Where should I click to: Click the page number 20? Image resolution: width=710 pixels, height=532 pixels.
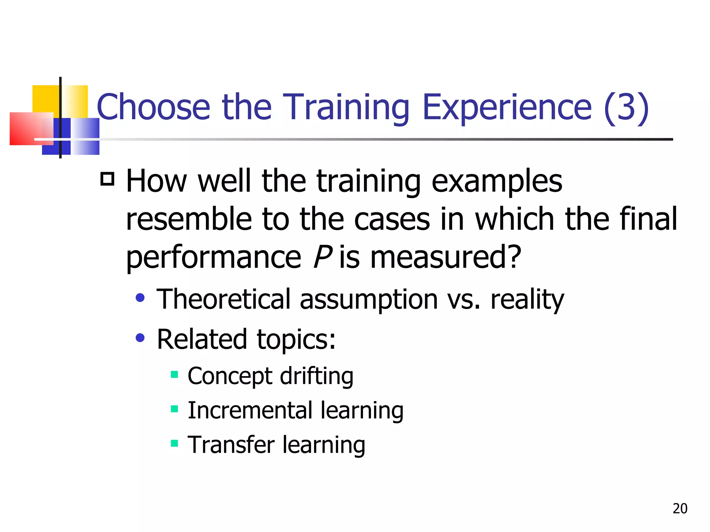(680, 508)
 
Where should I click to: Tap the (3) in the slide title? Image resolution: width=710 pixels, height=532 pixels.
(626, 107)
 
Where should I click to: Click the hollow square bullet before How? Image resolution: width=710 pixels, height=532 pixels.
(107, 179)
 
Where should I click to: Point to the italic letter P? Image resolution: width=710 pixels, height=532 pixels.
(322, 257)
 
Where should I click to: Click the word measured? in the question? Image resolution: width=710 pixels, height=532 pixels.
(445, 257)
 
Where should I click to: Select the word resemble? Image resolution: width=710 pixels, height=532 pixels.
(189, 219)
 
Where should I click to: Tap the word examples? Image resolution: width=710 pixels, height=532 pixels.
(496, 181)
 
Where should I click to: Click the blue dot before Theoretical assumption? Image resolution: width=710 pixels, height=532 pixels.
(140, 298)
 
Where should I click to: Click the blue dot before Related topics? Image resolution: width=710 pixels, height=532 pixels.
(140, 337)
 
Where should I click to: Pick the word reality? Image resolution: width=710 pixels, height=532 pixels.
(527, 299)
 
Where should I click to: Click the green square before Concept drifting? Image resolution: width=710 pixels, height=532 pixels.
(174, 374)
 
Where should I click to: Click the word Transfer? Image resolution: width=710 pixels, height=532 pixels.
(231, 445)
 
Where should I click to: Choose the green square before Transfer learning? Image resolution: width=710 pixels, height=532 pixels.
(174, 443)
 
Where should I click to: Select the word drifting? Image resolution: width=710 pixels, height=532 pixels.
(317, 376)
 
